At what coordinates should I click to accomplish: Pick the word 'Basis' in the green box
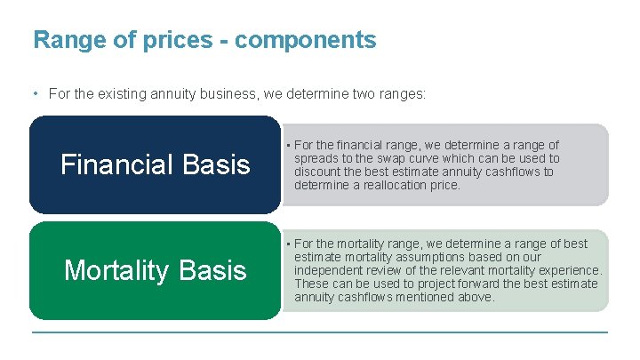click(217, 270)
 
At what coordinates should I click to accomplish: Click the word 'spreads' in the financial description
click(316, 158)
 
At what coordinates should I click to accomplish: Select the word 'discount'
click(318, 172)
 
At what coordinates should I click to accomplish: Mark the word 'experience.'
click(571, 270)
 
